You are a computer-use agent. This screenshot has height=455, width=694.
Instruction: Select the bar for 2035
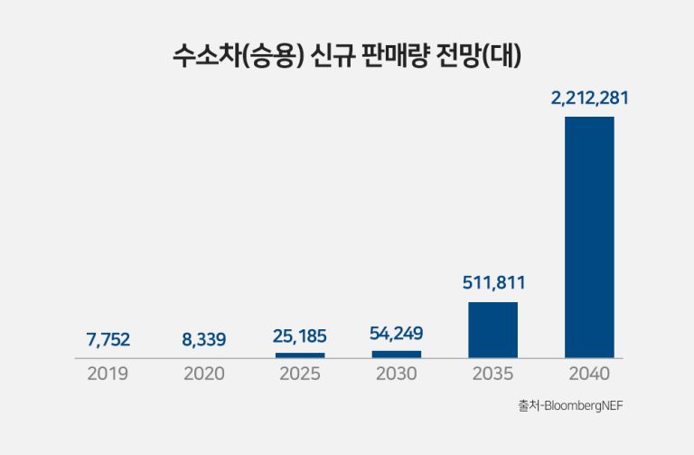pyautogui.click(x=492, y=330)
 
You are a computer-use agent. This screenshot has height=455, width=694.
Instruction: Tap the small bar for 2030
pyautogui.click(x=396, y=354)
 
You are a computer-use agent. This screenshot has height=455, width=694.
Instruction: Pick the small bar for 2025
pyautogui.click(x=300, y=355)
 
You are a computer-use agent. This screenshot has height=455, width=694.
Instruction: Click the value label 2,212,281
pyautogui.click(x=589, y=99)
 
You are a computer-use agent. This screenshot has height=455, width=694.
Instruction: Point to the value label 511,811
pyautogui.click(x=492, y=283)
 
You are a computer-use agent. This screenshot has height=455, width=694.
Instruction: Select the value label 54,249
pyautogui.click(x=396, y=333)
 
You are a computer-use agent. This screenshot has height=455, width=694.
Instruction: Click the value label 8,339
pyautogui.click(x=204, y=340)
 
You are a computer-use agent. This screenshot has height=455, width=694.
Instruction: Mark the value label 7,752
pyautogui.click(x=108, y=340)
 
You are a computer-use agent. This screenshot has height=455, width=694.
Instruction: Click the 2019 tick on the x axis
pyautogui.click(x=108, y=373)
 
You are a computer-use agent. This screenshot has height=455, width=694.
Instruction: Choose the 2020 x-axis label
pyautogui.click(x=204, y=373)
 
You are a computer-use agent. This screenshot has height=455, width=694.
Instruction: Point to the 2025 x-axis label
pyautogui.click(x=300, y=373)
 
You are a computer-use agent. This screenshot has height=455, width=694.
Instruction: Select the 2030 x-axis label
pyautogui.click(x=396, y=373)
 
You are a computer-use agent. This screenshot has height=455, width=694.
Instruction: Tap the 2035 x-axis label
pyautogui.click(x=492, y=373)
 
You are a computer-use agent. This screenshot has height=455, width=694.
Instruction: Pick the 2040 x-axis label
pyautogui.click(x=589, y=373)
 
